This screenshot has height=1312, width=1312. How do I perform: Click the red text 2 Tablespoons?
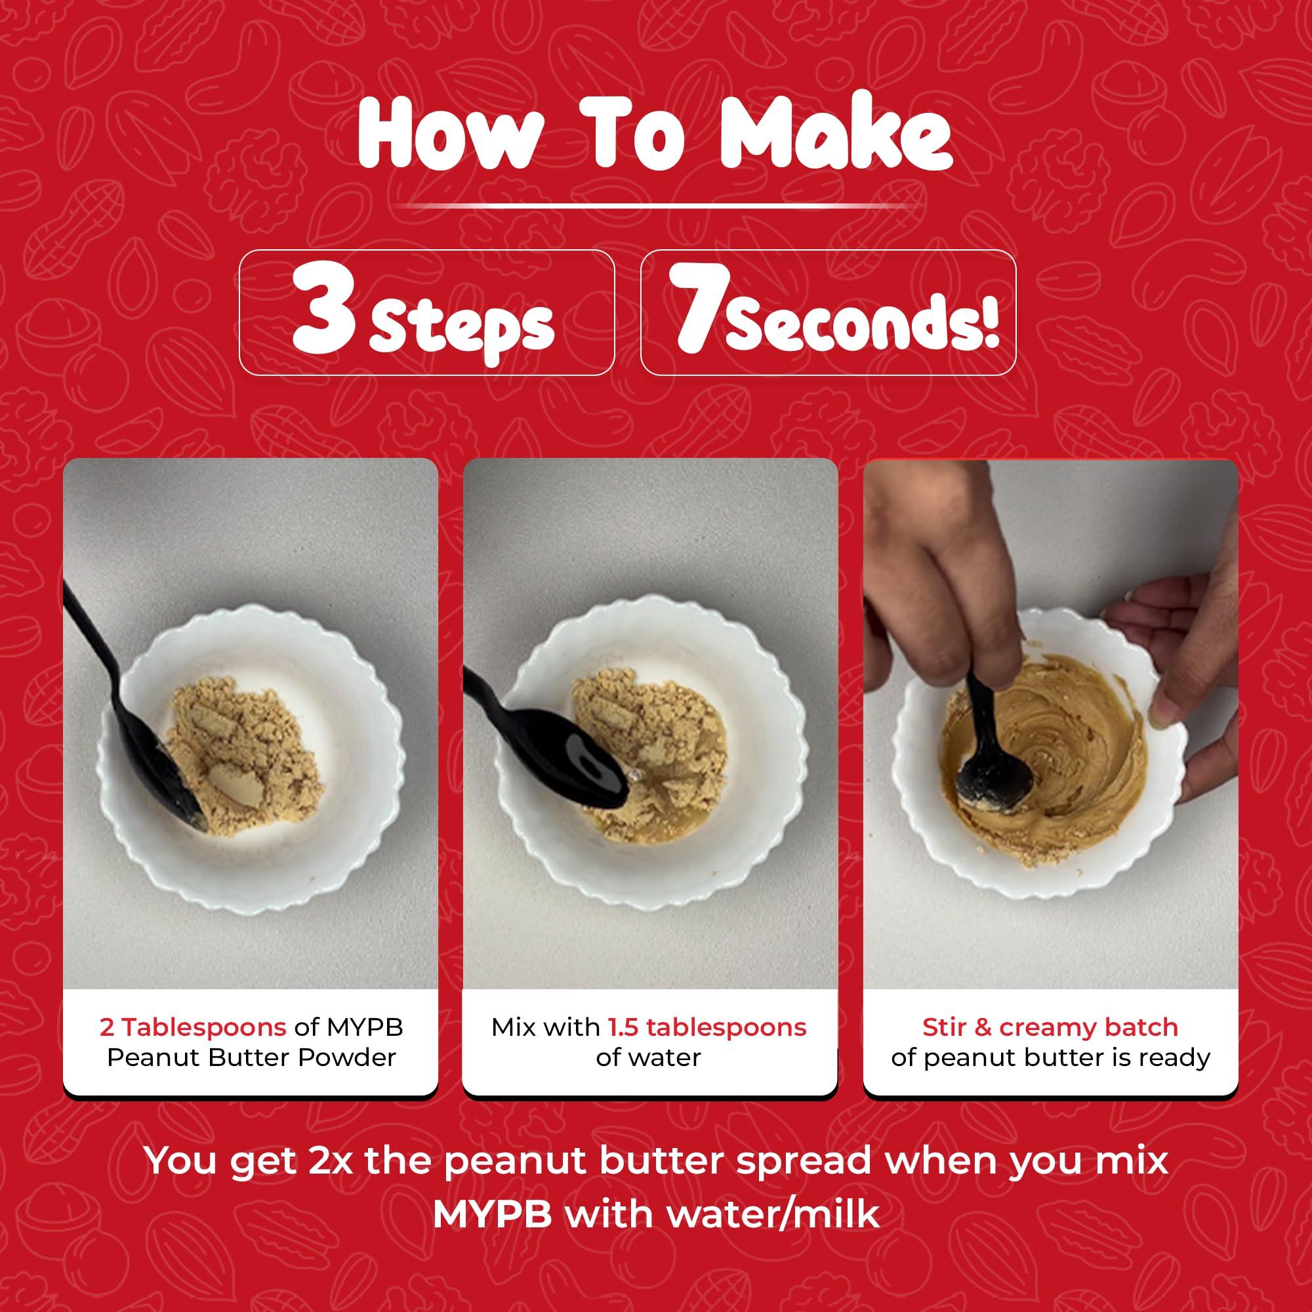[192, 1027]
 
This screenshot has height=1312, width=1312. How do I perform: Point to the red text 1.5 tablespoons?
[707, 1027]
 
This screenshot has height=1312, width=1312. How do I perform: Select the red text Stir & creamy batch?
[1050, 1027]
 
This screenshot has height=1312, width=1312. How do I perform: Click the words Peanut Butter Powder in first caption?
[251, 1058]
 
